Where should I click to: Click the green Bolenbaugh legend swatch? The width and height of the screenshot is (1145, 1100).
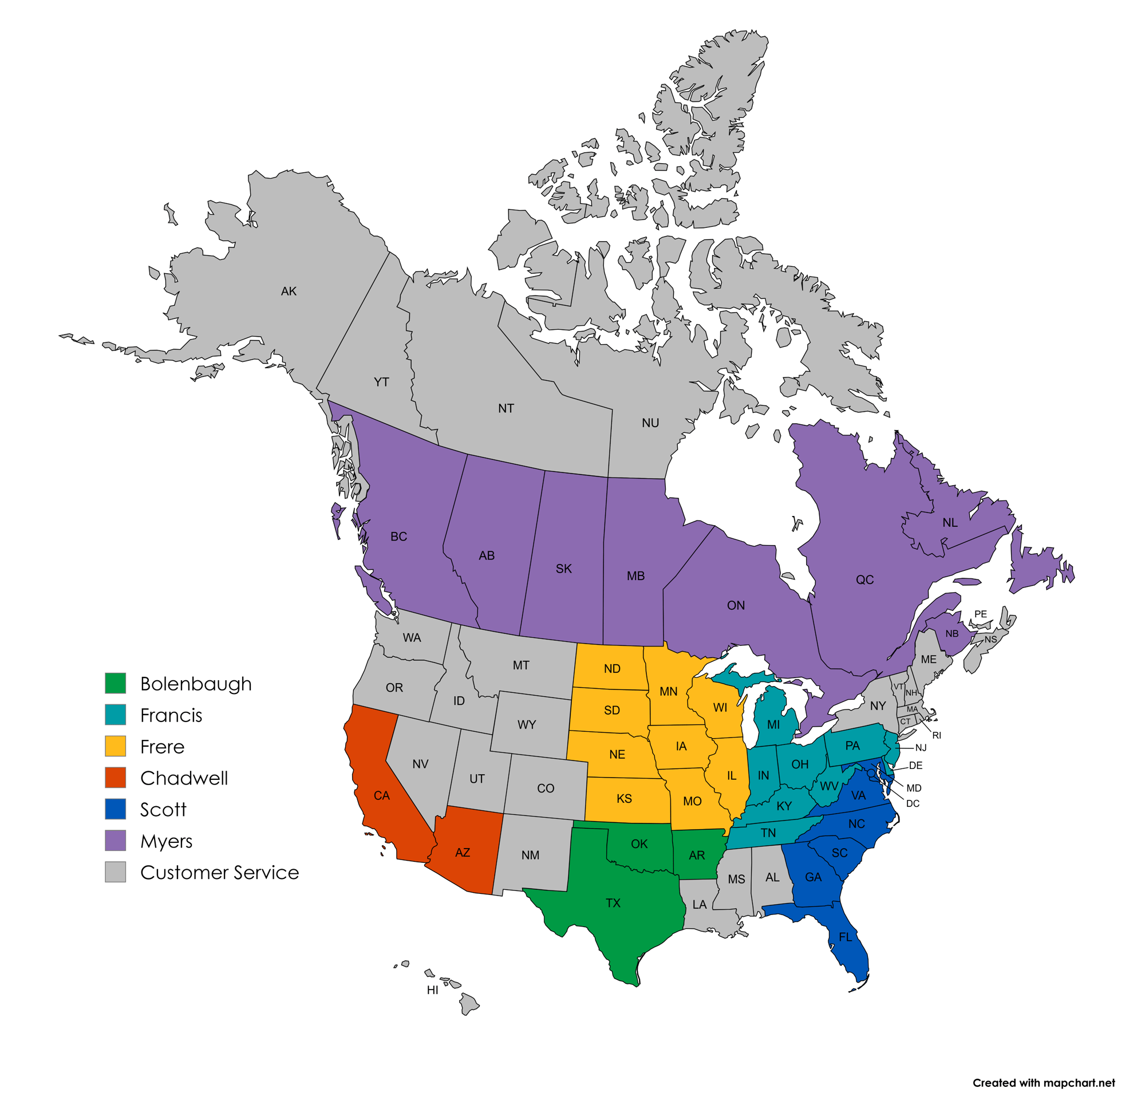[x=115, y=683]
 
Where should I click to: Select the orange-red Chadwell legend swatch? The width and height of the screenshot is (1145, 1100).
[x=115, y=778]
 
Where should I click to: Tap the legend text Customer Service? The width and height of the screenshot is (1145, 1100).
[x=219, y=872]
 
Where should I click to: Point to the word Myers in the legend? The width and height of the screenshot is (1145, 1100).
[x=166, y=841]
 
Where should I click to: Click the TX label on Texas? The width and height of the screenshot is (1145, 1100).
[x=613, y=903]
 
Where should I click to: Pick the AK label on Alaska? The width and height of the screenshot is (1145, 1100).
[x=289, y=291]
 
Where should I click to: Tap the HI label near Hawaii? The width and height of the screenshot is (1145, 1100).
[x=432, y=989]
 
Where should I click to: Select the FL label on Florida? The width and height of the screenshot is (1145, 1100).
[x=846, y=937]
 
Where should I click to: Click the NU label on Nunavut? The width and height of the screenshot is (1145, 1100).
[x=650, y=423]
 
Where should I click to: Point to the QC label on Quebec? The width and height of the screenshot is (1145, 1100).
[x=864, y=579]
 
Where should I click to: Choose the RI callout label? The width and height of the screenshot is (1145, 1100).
[x=937, y=735]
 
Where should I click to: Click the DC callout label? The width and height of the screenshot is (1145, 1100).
[x=913, y=804]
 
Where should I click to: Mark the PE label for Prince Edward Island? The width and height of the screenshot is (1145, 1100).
[x=980, y=614]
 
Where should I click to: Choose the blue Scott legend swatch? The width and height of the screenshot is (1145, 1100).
[x=115, y=809]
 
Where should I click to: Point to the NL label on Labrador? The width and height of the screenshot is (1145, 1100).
[x=950, y=522]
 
